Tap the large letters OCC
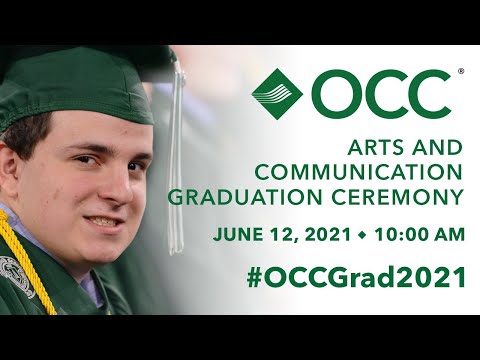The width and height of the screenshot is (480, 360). pos(381,92)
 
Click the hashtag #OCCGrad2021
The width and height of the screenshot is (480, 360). pos(355,277)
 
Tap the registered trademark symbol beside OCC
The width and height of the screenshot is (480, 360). pos(460,72)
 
